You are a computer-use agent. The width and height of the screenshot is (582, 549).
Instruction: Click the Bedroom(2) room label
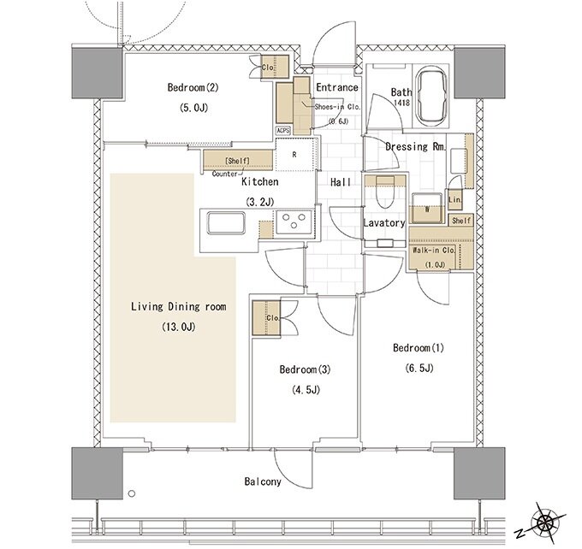[x=193, y=88]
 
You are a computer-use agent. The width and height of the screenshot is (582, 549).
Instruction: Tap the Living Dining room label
[x=179, y=307]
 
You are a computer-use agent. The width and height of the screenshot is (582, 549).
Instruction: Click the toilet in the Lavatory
[x=384, y=192]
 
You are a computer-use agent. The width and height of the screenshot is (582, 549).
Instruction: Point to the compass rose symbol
[x=543, y=523]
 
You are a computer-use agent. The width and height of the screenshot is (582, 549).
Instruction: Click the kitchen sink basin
[x=226, y=223]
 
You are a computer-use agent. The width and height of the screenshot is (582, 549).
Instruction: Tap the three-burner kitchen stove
[x=294, y=221]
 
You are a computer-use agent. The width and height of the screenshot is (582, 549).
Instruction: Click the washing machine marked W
[x=427, y=208]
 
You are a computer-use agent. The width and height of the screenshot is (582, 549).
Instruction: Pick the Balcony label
[x=263, y=481]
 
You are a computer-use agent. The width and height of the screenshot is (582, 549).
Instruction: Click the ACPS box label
[x=282, y=131]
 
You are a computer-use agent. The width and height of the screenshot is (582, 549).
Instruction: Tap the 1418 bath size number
[x=401, y=103]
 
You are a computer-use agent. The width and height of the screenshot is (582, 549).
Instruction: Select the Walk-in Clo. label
[x=434, y=251]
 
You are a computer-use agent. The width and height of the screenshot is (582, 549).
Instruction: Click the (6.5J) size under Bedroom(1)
[x=419, y=369]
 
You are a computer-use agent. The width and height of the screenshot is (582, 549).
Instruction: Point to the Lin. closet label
[x=455, y=200]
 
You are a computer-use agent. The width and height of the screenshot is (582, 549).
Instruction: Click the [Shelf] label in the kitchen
[x=237, y=161]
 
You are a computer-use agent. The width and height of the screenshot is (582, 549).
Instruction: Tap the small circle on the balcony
[x=132, y=493]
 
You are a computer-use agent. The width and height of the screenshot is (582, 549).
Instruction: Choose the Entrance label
[x=337, y=87]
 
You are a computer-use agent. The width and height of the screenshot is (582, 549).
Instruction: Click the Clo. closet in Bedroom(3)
[x=266, y=318]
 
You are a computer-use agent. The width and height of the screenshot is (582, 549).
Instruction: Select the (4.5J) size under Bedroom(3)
[x=305, y=390]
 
